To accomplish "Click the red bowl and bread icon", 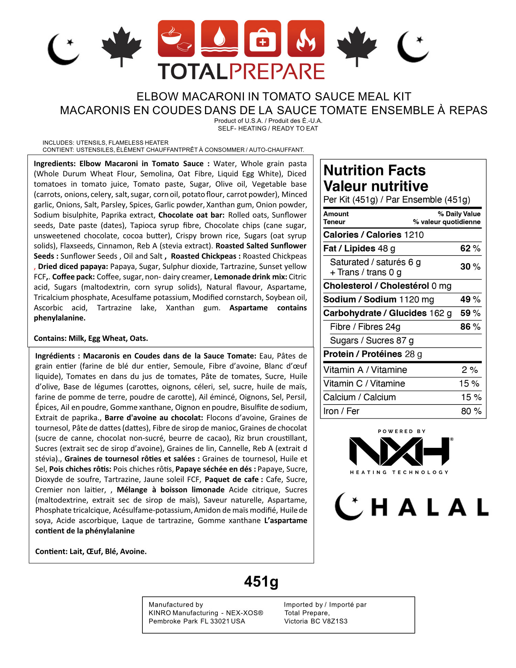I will tap(176, 38).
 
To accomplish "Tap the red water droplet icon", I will tap(219, 38).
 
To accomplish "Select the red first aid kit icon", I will tap(262, 38).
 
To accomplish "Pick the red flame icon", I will tap(306, 38).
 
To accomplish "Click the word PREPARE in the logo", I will tap(277, 72).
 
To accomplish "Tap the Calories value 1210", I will tap(414, 235).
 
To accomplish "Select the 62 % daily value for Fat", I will tap(470, 249).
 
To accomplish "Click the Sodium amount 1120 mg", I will tap(416, 300).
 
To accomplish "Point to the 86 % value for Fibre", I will tap(470, 327).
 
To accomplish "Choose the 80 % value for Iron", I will tap(471, 411).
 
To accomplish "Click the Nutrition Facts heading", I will tap(374, 171).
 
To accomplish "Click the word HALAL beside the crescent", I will tap(430, 508).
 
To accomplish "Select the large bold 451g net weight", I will tap(261, 582).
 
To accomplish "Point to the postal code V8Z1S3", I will tap(333, 621).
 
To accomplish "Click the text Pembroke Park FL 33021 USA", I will tap(197, 621).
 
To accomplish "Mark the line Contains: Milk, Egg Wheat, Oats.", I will tap(91, 338).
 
